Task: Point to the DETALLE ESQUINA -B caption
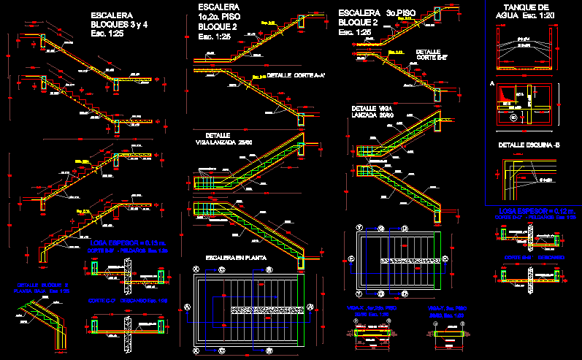528,145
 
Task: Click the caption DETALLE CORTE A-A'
296,75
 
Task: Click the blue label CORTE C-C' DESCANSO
534,257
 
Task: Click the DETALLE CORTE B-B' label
432,55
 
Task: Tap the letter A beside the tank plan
492,85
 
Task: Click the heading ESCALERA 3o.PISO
369,13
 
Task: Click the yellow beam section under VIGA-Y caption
445,333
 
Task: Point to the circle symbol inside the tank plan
513,116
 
